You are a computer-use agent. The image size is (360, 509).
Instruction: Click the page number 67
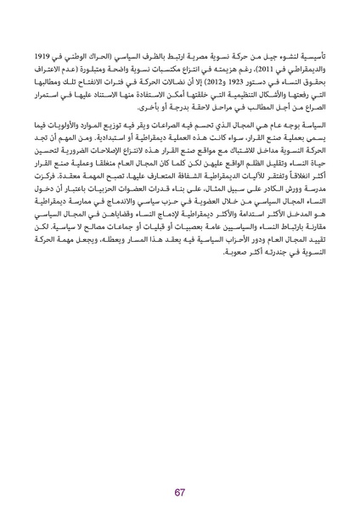pos(180,468)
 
